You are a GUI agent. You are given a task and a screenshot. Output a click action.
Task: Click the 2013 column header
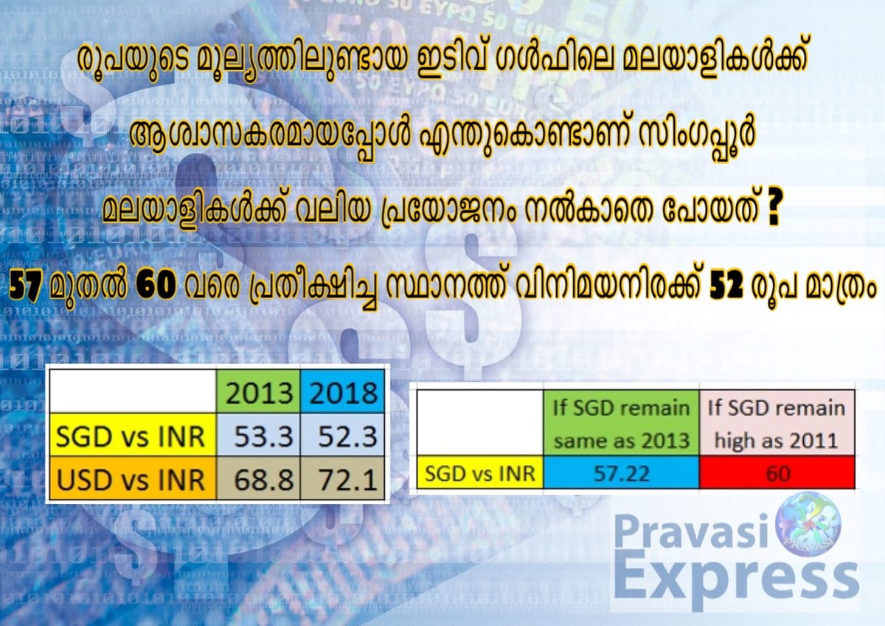click(x=260, y=393)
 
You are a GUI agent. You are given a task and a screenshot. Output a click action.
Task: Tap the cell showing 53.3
click(x=260, y=436)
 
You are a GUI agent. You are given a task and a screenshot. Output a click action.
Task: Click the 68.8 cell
click(x=260, y=481)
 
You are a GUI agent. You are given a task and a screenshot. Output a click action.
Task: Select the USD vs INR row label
click(x=131, y=481)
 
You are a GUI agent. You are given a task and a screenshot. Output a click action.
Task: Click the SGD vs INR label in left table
click(x=131, y=436)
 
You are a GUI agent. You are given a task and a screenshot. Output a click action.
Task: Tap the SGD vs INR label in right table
click(x=480, y=472)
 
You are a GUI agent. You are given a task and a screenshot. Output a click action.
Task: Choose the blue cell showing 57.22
click(x=622, y=472)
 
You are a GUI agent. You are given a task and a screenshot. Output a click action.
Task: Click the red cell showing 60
click(x=777, y=472)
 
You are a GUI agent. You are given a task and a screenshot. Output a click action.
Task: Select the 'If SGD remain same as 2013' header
click(x=622, y=424)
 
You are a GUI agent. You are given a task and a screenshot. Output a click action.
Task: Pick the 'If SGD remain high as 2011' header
click(x=777, y=424)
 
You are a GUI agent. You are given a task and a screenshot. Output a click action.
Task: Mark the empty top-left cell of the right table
click(x=480, y=424)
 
